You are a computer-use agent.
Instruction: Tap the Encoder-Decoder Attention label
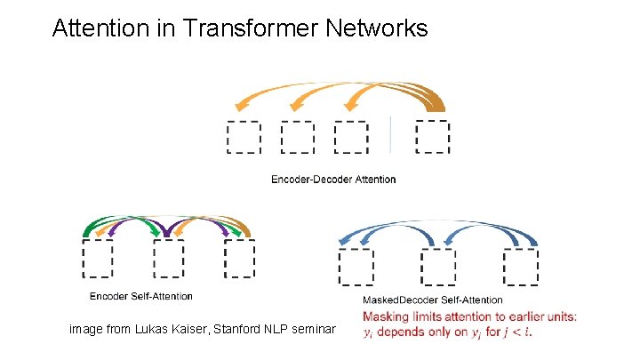pos(333,180)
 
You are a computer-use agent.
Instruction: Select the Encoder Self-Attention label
pos(141,296)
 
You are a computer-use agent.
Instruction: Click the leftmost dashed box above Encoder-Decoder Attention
pos(244,138)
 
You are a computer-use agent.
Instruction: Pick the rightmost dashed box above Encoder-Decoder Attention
pos(433,137)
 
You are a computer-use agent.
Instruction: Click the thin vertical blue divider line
pos(391,135)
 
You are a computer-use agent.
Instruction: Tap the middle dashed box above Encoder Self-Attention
pos(169,260)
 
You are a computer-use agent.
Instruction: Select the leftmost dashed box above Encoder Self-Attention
pos(98,260)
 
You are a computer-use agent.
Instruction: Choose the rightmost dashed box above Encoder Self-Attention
pos(240,259)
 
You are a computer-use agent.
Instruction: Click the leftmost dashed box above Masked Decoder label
pos(356,268)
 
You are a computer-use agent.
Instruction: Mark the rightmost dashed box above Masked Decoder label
pos(521,268)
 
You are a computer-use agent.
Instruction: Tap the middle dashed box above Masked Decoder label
pos(438,268)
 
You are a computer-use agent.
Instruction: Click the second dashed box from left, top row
pos(297,138)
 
